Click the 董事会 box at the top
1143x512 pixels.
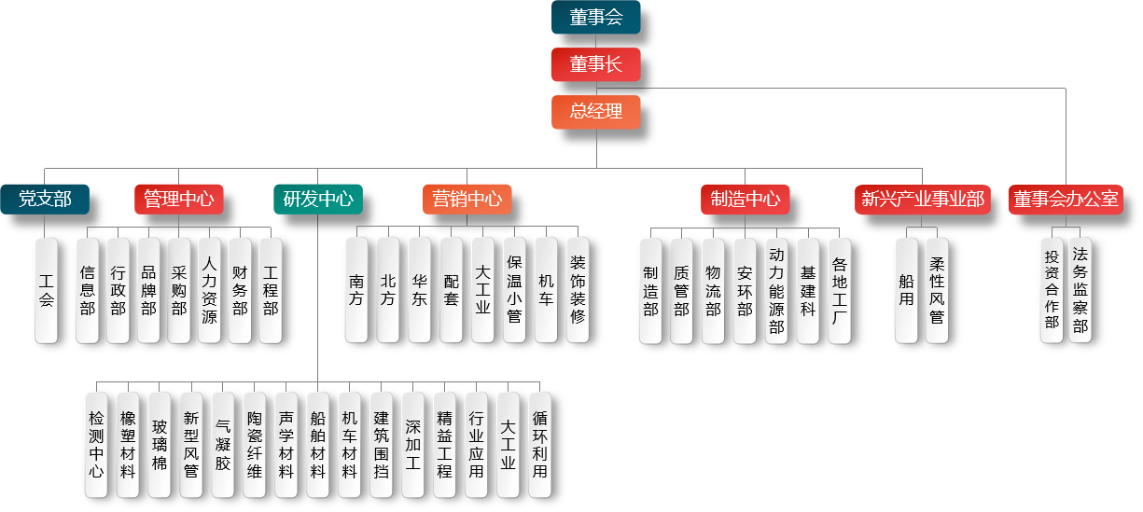tap(595, 17)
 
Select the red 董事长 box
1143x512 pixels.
tap(595, 64)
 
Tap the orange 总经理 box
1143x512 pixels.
tap(595, 112)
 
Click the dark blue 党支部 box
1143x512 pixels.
tap(45, 199)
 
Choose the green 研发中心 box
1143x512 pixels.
tap(317, 199)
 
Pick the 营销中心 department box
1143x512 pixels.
tap(467, 199)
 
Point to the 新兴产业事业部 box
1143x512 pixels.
tap(922, 199)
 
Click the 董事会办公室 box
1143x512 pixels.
tap(1066, 199)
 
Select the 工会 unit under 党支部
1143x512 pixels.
tap(47, 289)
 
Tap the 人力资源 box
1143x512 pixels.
tap(209, 289)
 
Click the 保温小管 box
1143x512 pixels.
tap(514, 289)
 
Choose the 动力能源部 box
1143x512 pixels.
tap(776, 289)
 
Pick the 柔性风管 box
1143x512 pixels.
tap(937, 289)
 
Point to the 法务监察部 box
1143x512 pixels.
tap(1080, 289)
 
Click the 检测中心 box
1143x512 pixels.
tap(96, 444)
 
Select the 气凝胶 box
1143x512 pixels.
tap(222, 444)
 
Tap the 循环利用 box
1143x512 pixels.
tap(539, 444)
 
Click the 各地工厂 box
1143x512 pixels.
tap(840, 289)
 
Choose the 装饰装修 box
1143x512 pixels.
tap(578, 289)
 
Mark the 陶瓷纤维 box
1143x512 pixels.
tap(254, 444)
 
